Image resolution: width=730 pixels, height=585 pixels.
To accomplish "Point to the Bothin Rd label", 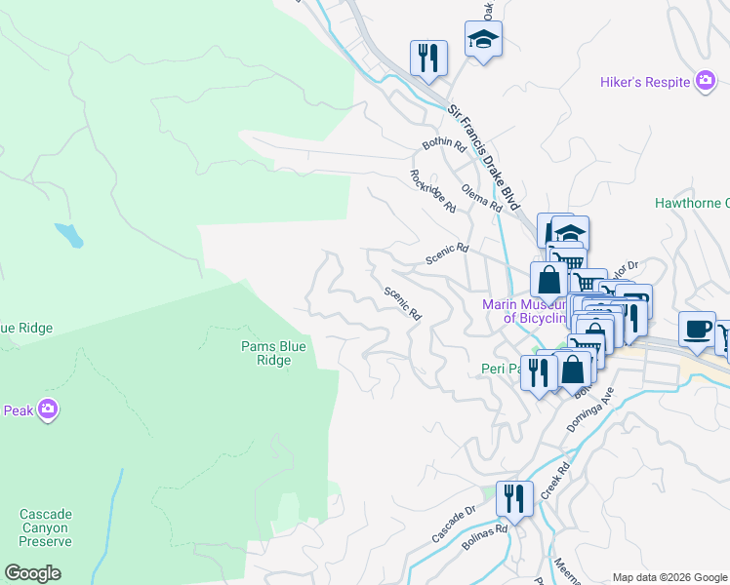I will [x=444, y=144].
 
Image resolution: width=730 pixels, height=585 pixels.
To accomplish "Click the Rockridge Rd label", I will [x=432, y=191].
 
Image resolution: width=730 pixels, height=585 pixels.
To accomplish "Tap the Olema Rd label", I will [x=481, y=199].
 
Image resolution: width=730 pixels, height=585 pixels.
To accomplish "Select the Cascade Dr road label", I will [x=453, y=524].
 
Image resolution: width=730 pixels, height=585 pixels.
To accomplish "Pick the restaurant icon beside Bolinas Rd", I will [x=513, y=499].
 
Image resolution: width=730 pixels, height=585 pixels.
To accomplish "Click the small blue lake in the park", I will [x=69, y=235].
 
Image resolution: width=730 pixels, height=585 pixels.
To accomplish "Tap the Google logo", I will [x=33, y=573].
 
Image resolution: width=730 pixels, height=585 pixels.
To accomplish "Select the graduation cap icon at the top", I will [x=483, y=40].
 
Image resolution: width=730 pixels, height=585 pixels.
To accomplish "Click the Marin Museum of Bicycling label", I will [x=525, y=310].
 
